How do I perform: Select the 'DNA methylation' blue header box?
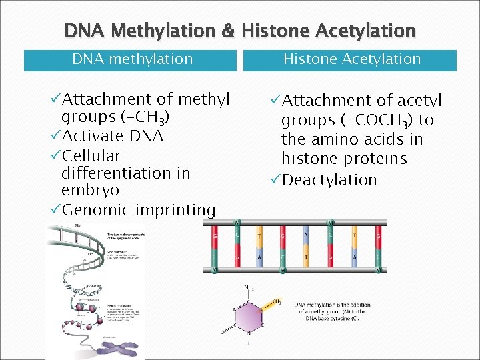pyautogui.click(x=131, y=59)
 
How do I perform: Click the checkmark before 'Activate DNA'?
pyautogui.click(x=55, y=136)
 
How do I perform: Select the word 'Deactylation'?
pyautogui.click(x=329, y=180)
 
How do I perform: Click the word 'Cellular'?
pyautogui.click(x=91, y=155)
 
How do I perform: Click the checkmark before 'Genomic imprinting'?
pyautogui.click(x=55, y=211)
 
